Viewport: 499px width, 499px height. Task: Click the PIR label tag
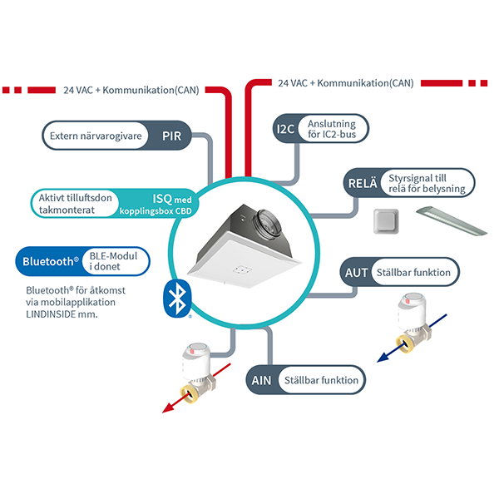click(x=172, y=136)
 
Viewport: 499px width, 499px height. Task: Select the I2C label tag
click(x=285, y=129)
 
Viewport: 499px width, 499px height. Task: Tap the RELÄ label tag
click(x=363, y=183)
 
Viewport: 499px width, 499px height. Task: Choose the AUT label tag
click(x=356, y=273)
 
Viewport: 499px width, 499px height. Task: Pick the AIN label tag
click(x=261, y=380)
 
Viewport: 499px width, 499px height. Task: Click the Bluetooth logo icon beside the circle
click(x=178, y=299)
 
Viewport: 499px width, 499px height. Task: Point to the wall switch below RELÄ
click(x=386, y=221)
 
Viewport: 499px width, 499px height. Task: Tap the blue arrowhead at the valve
click(x=383, y=358)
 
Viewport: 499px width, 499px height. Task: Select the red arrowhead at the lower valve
click(x=168, y=408)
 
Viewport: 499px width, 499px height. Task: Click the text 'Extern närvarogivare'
click(x=96, y=136)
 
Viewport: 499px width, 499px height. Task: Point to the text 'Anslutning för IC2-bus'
click(x=332, y=129)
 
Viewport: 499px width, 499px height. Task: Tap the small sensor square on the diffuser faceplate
click(x=242, y=270)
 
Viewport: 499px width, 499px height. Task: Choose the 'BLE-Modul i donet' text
click(x=113, y=261)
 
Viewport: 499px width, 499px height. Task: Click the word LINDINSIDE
click(x=51, y=314)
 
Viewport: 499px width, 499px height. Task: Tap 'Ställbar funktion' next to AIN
click(x=321, y=380)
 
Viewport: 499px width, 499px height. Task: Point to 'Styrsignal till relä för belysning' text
click(x=427, y=183)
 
